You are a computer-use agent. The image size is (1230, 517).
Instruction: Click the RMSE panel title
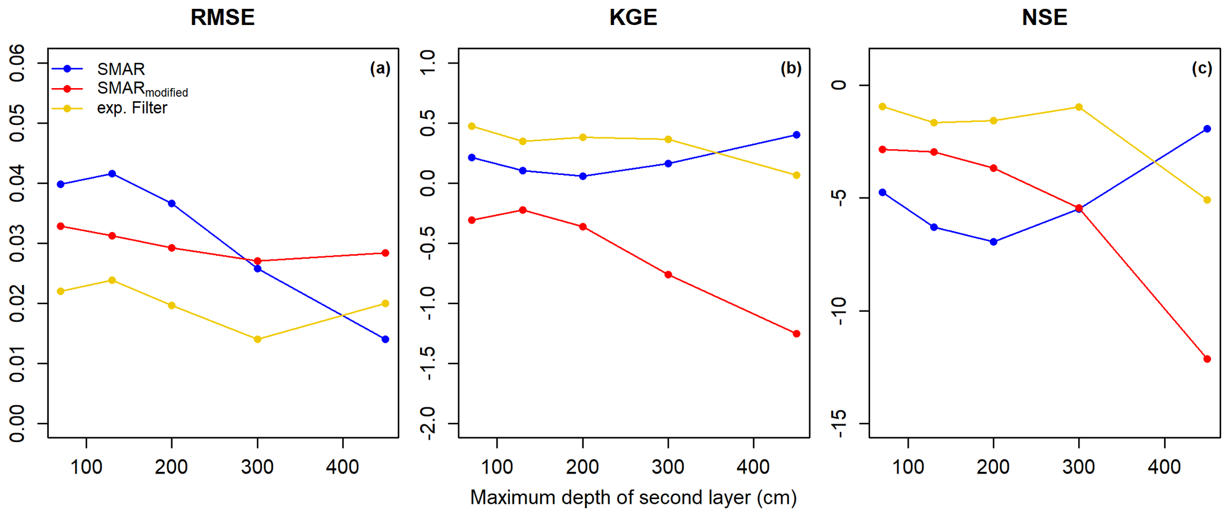point(223,17)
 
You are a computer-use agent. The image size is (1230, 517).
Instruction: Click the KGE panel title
point(633,17)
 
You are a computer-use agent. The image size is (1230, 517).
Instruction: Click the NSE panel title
point(1044,17)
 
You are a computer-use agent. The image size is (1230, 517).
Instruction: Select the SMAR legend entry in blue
point(121,69)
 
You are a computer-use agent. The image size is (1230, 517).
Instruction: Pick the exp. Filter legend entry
point(132,108)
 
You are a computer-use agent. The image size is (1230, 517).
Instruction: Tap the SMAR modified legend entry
point(142,89)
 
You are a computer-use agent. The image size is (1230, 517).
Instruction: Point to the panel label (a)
point(380,68)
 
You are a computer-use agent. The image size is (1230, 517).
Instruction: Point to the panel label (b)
point(791,68)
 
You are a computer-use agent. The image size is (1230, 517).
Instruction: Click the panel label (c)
point(1201,68)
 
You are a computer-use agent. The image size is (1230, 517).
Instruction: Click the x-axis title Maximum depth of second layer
point(633,497)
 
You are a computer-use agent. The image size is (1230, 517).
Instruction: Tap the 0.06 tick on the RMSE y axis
point(18,63)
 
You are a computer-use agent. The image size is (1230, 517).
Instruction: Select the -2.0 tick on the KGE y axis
point(428,423)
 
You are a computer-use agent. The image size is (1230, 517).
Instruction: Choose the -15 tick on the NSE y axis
point(839,423)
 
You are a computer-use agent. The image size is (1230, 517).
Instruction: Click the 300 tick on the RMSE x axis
point(257,467)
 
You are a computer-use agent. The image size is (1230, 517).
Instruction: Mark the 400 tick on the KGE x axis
point(753,467)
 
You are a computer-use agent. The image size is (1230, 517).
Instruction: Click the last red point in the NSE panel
point(1207,359)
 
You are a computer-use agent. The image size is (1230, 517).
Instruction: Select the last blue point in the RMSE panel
point(385,339)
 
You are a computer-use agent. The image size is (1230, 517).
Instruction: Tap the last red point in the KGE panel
point(796,334)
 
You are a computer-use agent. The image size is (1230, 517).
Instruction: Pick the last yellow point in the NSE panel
point(1207,200)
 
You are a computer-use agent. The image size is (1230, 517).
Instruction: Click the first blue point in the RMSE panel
point(61,184)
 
